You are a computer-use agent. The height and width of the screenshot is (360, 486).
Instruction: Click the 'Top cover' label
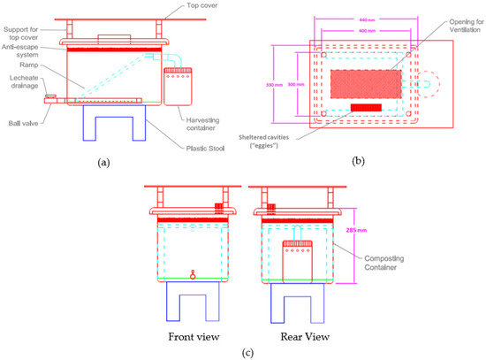pyautogui.click(x=202, y=5)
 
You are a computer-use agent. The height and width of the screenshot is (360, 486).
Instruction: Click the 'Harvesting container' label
pyautogui.click(x=204, y=124)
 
